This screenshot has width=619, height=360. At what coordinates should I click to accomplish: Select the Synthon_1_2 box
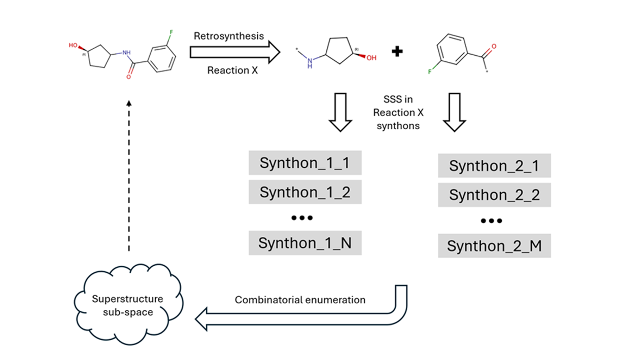[304, 192]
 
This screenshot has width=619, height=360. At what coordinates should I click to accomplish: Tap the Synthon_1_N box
[304, 243]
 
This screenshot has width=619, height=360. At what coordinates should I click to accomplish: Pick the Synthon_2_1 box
[494, 166]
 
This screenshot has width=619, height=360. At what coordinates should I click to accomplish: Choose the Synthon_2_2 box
[494, 195]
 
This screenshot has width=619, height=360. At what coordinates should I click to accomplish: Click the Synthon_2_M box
[494, 246]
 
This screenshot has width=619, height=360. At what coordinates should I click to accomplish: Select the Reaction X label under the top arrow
[232, 70]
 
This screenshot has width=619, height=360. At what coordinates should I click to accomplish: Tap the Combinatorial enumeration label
[300, 300]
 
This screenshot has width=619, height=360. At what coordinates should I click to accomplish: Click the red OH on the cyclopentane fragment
[371, 58]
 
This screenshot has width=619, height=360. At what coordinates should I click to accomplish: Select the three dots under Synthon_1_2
[302, 218]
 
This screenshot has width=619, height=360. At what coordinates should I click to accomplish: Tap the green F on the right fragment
[429, 72]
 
